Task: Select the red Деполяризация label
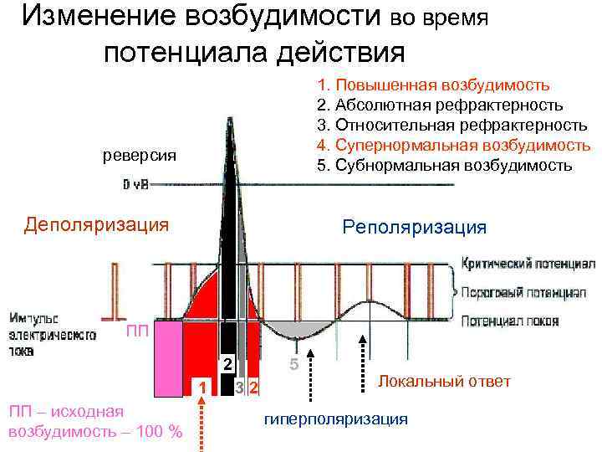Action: [x=96, y=223]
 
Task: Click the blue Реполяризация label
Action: [x=414, y=227]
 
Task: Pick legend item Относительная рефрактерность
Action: [x=451, y=125]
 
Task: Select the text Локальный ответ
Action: [x=444, y=381]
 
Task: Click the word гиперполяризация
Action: [x=335, y=418]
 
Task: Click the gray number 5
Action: [x=293, y=366]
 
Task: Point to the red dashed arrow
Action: [x=202, y=423]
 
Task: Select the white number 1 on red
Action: [x=201, y=386]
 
